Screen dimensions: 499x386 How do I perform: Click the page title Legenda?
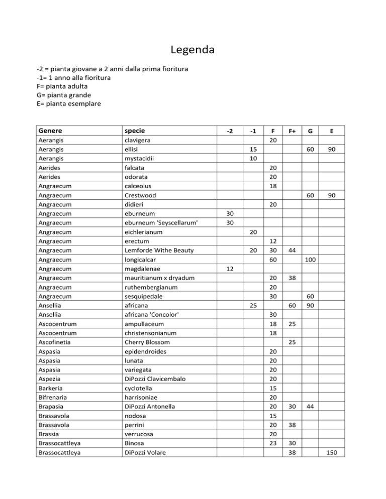click(x=192, y=51)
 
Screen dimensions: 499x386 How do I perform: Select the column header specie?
click(x=137, y=131)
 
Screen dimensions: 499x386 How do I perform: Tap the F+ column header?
click(x=292, y=132)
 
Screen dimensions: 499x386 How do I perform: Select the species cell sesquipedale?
click(x=146, y=297)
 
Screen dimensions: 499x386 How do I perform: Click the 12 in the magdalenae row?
click(x=229, y=270)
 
